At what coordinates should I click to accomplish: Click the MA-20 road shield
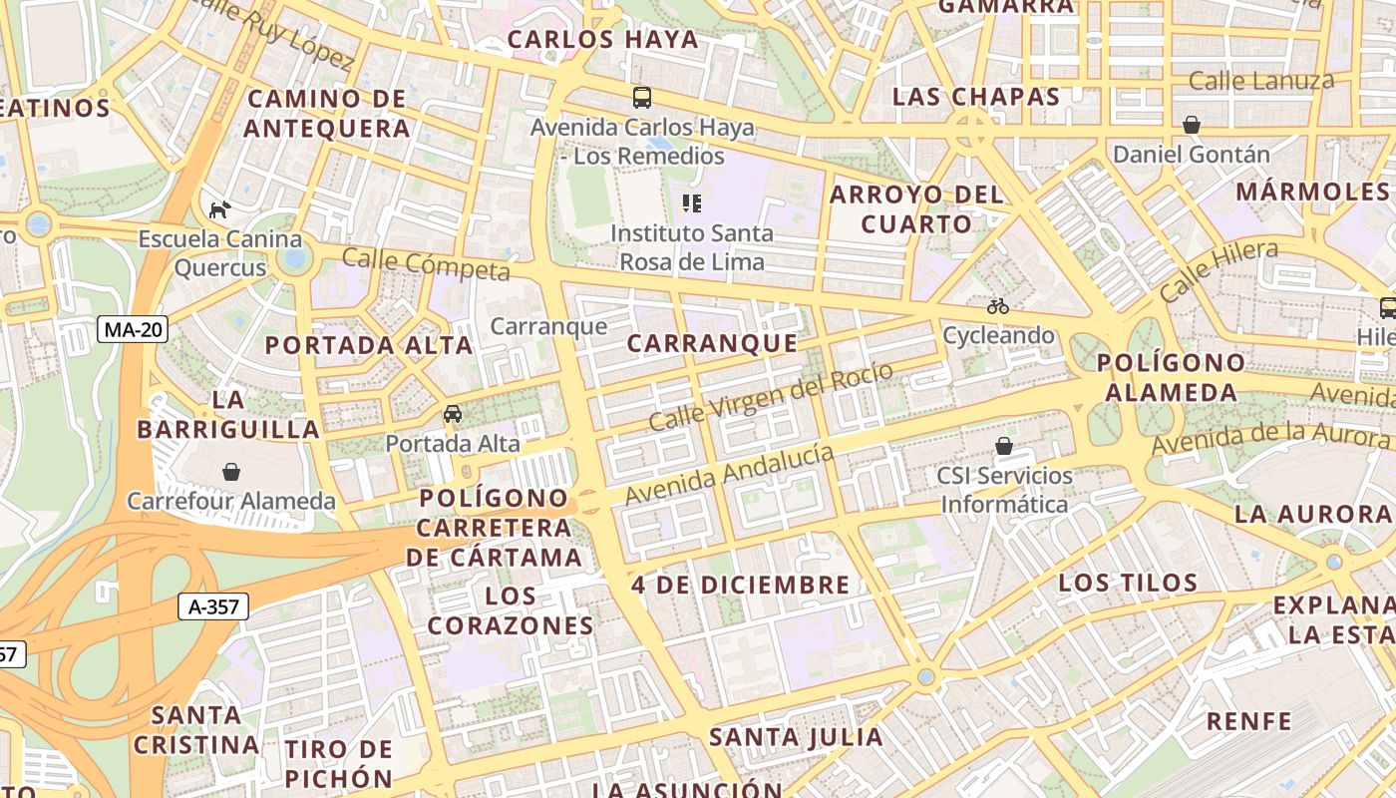(133, 329)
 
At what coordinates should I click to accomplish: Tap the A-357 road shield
(212, 605)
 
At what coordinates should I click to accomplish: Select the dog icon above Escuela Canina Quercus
(219, 209)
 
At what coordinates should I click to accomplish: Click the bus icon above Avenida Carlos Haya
(642, 98)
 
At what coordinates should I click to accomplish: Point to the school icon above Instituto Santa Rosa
(691, 203)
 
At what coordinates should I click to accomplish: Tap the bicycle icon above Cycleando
(998, 306)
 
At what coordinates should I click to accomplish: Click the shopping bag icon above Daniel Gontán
(1191, 125)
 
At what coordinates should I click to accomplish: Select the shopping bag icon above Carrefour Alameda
(231, 471)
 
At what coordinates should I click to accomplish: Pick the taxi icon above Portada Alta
(453, 413)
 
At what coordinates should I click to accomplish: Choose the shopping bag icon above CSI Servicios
(1004, 446)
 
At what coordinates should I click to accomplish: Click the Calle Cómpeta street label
(426, 264)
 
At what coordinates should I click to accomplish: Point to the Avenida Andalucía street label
(729, 474)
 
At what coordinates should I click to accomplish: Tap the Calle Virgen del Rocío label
(771, 397)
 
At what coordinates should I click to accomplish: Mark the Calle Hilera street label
(1218, 271)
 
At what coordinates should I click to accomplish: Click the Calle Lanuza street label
(1261, 81)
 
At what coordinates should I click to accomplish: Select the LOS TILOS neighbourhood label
(1128, 583)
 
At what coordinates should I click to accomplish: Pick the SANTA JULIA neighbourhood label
(796, 738)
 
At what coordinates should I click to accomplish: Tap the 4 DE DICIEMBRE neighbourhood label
(741, 585)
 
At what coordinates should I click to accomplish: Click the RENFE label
(1248, 721)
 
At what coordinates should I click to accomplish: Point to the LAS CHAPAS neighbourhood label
(975, 97)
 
